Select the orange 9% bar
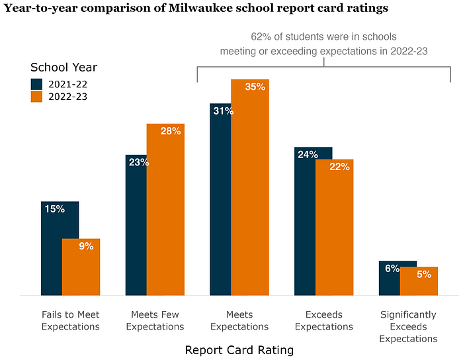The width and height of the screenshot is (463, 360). [x=81, y=267]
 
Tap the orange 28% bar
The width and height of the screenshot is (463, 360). [x=165, y=209]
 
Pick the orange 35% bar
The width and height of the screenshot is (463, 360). [x=250, y=187]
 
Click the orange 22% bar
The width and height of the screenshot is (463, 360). [x=335, y=228]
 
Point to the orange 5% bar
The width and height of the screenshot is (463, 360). [x=419, y=281]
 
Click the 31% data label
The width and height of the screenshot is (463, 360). [x=224, y=111]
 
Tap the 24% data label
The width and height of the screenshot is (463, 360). [x=308, y=154]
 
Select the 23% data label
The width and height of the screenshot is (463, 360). [x=139, y=162]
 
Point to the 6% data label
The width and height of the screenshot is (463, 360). [x=392, y=269]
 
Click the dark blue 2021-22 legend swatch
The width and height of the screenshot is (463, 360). [x=36, y=84]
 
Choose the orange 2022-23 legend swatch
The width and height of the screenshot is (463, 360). [x=36, y=97]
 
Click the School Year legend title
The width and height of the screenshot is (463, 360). [x=63, y=67]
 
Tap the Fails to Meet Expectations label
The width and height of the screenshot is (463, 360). [x=71, y=320]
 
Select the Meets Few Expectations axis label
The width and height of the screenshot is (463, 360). [x=155, y=320]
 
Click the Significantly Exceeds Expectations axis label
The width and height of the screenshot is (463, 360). [x=408, y=327]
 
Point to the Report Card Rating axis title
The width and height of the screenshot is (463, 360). [x=239, y=350]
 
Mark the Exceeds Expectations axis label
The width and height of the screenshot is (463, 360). [x=324, y=320]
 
